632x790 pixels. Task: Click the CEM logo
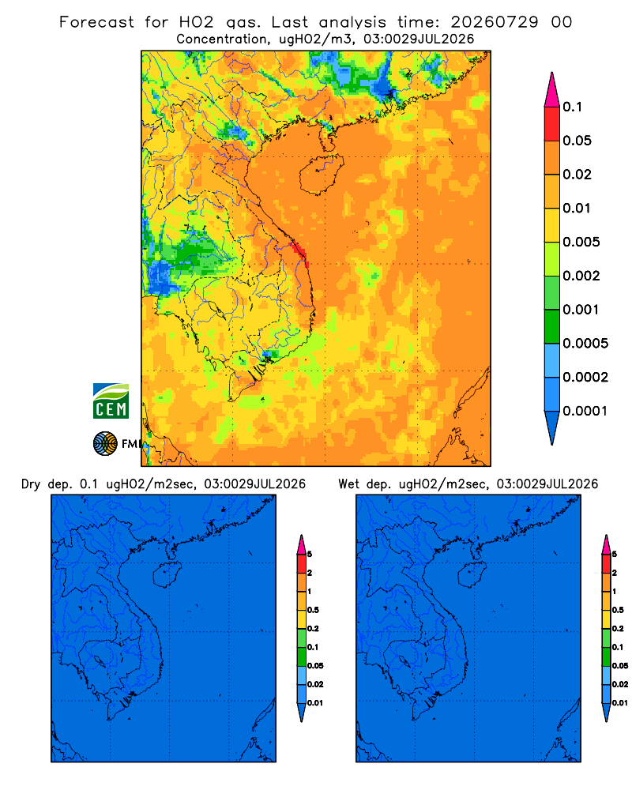(x=111, y=401)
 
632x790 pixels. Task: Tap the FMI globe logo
(x=105, y=443)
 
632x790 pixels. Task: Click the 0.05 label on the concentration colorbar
(x=577, y=141)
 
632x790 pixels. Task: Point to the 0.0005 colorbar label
(x=585, y=344)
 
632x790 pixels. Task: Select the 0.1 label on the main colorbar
(x=573, y=107)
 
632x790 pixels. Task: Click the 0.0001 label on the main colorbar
(x=585, y=411)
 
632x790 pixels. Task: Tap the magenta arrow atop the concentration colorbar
(x=552, y=89)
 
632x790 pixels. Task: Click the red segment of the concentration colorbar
(x=552, y=124)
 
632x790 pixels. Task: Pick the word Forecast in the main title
(x=96, y=22)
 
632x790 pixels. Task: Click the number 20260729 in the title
(x=495, y=22)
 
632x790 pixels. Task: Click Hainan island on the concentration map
(x=321, y=174)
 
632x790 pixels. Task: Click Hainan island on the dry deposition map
(x=166, y=575)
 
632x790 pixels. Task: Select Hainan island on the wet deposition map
(x=471, y=575)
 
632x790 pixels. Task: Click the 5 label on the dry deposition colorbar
(x=310, y=555)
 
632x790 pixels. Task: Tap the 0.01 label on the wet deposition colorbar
(x=620, y=703)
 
